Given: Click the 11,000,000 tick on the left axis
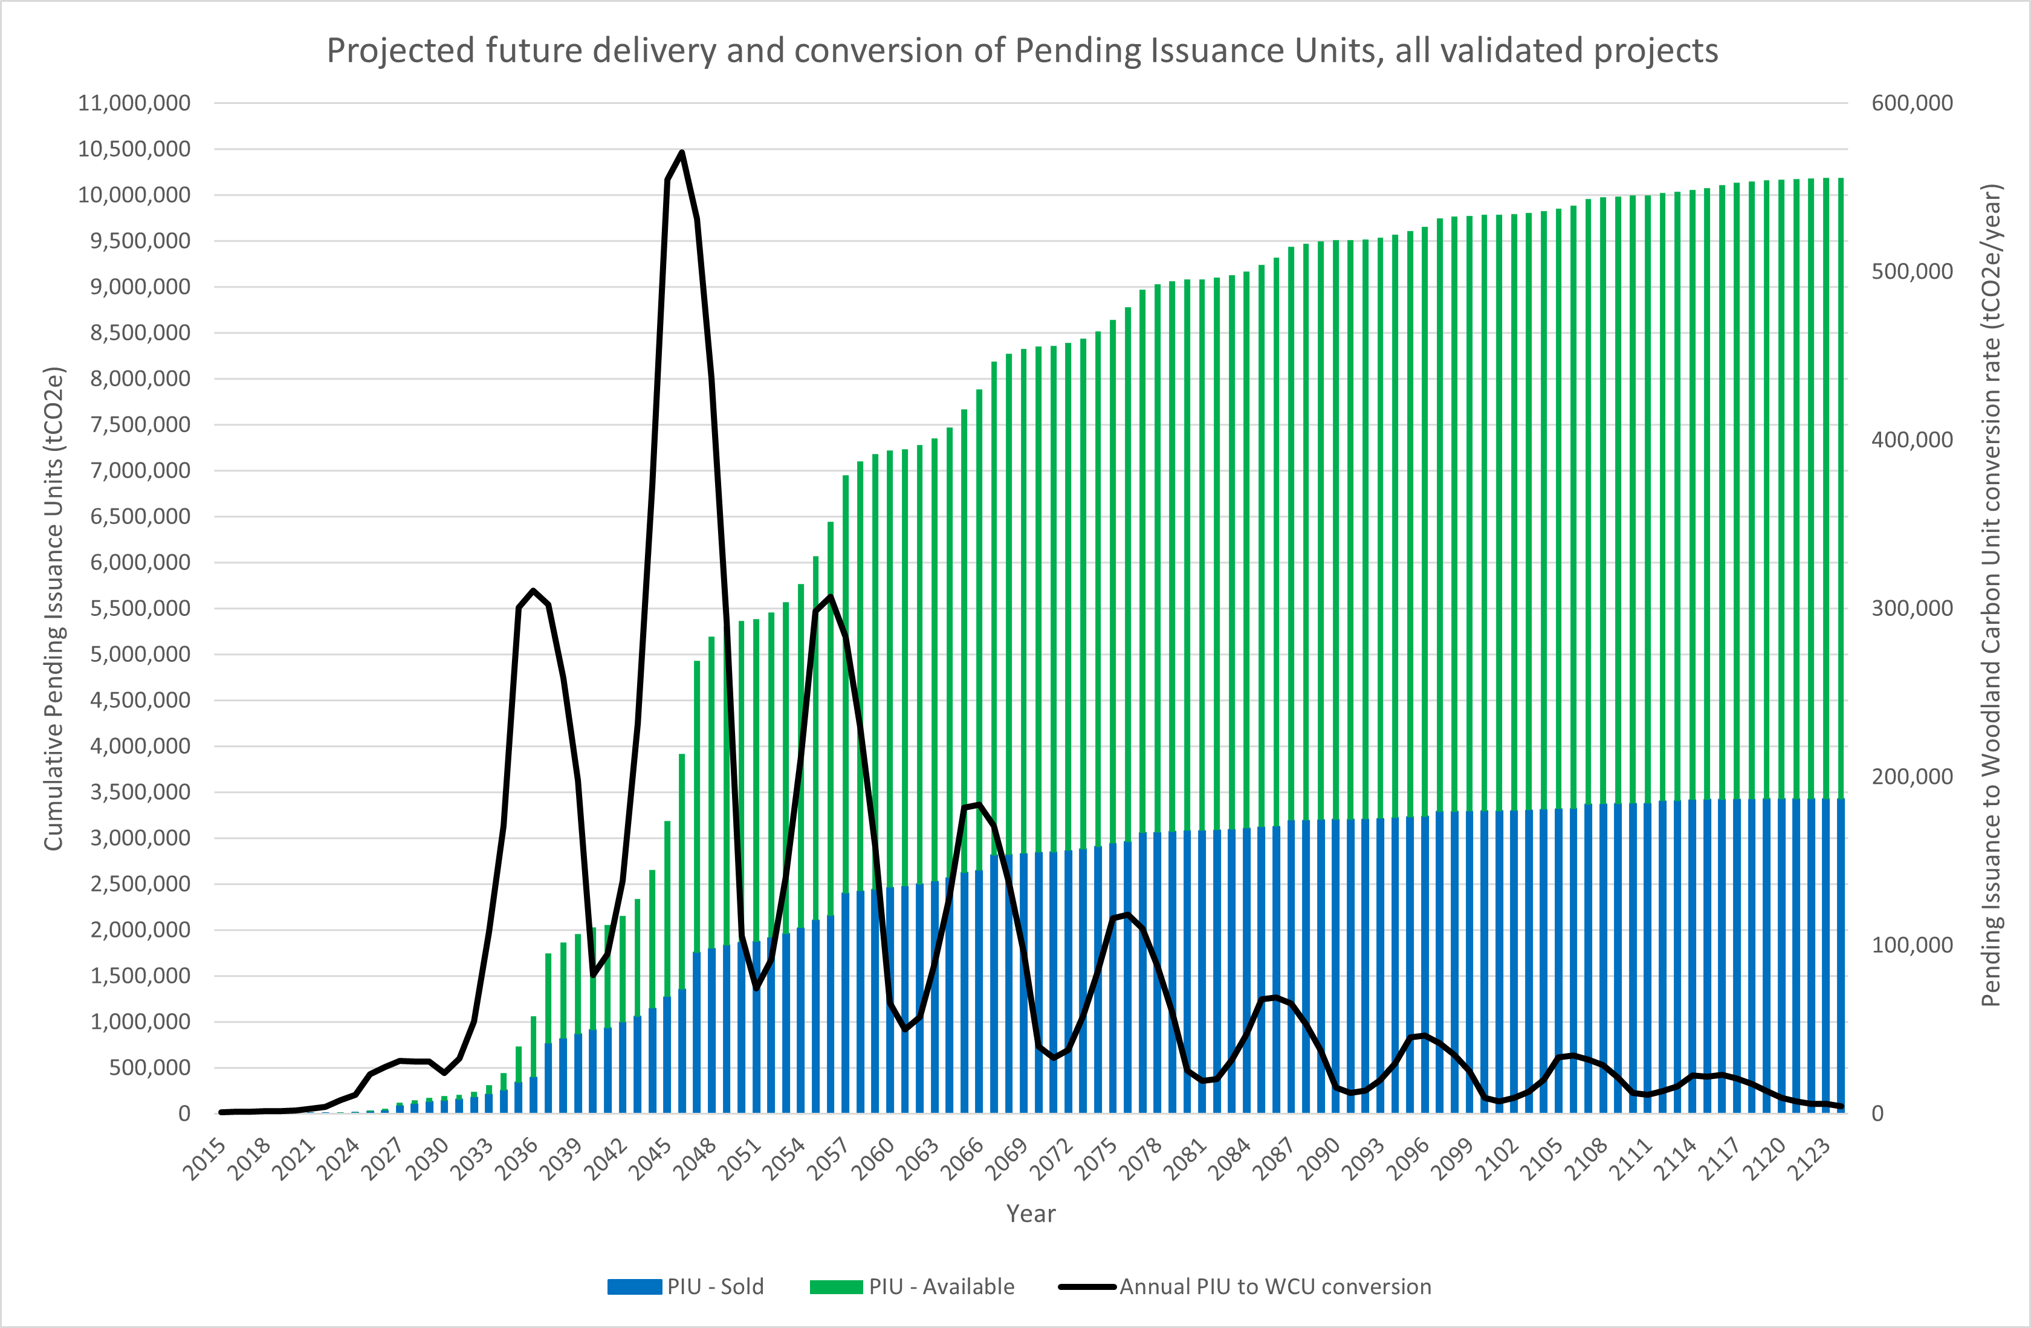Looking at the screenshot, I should coord(134,103).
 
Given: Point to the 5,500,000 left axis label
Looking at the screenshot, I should coord(140,609).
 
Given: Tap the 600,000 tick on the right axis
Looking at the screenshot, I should coord(1911,103).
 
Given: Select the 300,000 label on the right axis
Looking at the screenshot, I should coord(1911,609).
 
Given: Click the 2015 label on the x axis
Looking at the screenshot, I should coord(205,1158).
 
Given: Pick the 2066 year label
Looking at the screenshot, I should coord(962,1158).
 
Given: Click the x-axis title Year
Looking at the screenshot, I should coord(1030,1214).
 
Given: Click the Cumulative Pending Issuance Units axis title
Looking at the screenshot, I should coord(53,609).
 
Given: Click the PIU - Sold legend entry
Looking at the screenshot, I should coord(685,1286).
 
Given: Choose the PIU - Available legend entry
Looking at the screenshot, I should coord(912,1286).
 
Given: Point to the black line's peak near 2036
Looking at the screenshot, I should coord(533,591).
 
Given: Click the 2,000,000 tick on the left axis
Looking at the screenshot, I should coord(140,930).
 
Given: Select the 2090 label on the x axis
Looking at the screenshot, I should coord(1318,1158).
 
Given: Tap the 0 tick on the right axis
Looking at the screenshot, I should coord(1877,1114).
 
